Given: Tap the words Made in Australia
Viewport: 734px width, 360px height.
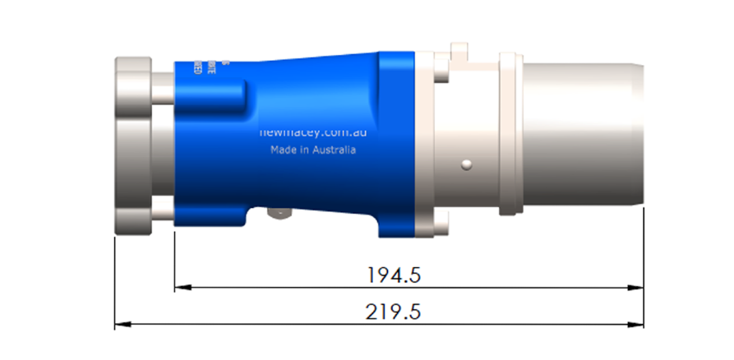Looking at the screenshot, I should coord(313,150).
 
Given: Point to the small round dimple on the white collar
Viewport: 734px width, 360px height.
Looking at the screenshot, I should coord(466,164).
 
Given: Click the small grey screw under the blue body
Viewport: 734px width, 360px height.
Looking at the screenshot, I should coord(280,214).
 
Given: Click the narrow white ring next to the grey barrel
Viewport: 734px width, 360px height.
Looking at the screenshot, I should coord(509,136).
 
